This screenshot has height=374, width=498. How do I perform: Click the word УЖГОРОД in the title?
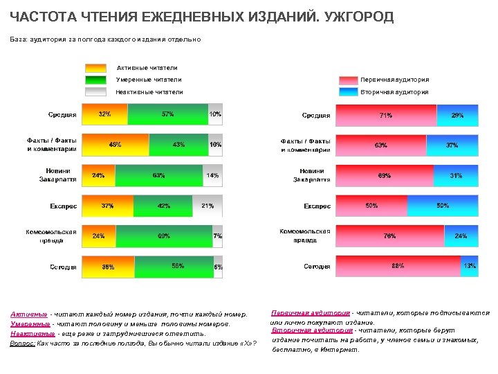(354, 17)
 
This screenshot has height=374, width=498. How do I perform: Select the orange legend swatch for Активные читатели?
(95, 68)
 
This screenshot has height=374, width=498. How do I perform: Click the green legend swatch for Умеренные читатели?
(95, 80)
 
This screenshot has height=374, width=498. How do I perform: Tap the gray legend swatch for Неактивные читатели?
(95, 91)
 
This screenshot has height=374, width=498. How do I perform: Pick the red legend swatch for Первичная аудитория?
(349, 80)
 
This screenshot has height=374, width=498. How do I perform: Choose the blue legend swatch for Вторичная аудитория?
(349, 91)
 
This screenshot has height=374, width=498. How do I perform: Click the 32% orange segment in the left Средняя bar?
(105, 114)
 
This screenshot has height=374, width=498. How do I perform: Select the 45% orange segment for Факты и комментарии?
(116, 145)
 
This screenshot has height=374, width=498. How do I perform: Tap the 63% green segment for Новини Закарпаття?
(158, 175)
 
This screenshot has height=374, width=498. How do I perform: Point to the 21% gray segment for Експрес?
(207, 206)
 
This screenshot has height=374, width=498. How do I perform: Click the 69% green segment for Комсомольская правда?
(164, 236)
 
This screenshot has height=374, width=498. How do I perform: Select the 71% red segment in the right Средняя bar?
(386, 115)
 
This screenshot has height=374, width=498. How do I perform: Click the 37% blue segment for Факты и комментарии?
(452, 145)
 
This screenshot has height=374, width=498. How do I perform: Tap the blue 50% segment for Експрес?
(443, 206)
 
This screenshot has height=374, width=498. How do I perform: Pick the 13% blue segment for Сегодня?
(470, 267)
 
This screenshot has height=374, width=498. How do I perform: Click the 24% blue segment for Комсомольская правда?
(461, 236)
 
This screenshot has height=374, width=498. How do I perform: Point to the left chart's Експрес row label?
(64, 206)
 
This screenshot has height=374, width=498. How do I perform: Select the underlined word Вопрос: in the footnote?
(23, 343)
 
